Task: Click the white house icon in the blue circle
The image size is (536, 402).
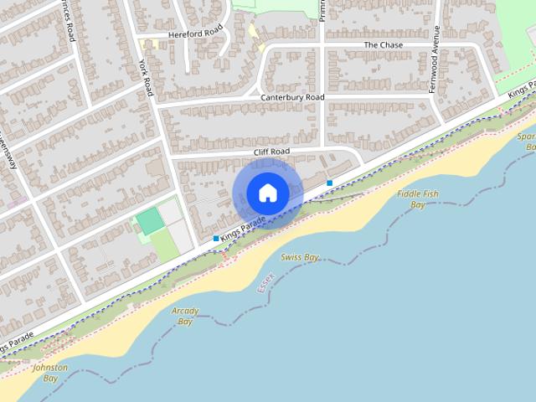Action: click(267, 193)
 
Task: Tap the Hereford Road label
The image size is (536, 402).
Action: click(195, 33)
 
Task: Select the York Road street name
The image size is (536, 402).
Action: click(146, 76)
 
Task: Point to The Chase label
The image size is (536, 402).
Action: click(383, 44)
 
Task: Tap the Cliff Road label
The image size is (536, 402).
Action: click(271, 152)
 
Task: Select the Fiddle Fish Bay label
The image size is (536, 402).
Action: click(418, 198)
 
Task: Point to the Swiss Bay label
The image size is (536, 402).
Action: click(300, 257)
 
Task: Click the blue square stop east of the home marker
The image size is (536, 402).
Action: click(330, 183)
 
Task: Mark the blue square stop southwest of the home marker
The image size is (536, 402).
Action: click(216, 239)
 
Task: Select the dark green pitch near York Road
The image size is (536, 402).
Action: click(149, 221)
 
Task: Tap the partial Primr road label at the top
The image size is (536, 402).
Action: click(321, 8)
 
